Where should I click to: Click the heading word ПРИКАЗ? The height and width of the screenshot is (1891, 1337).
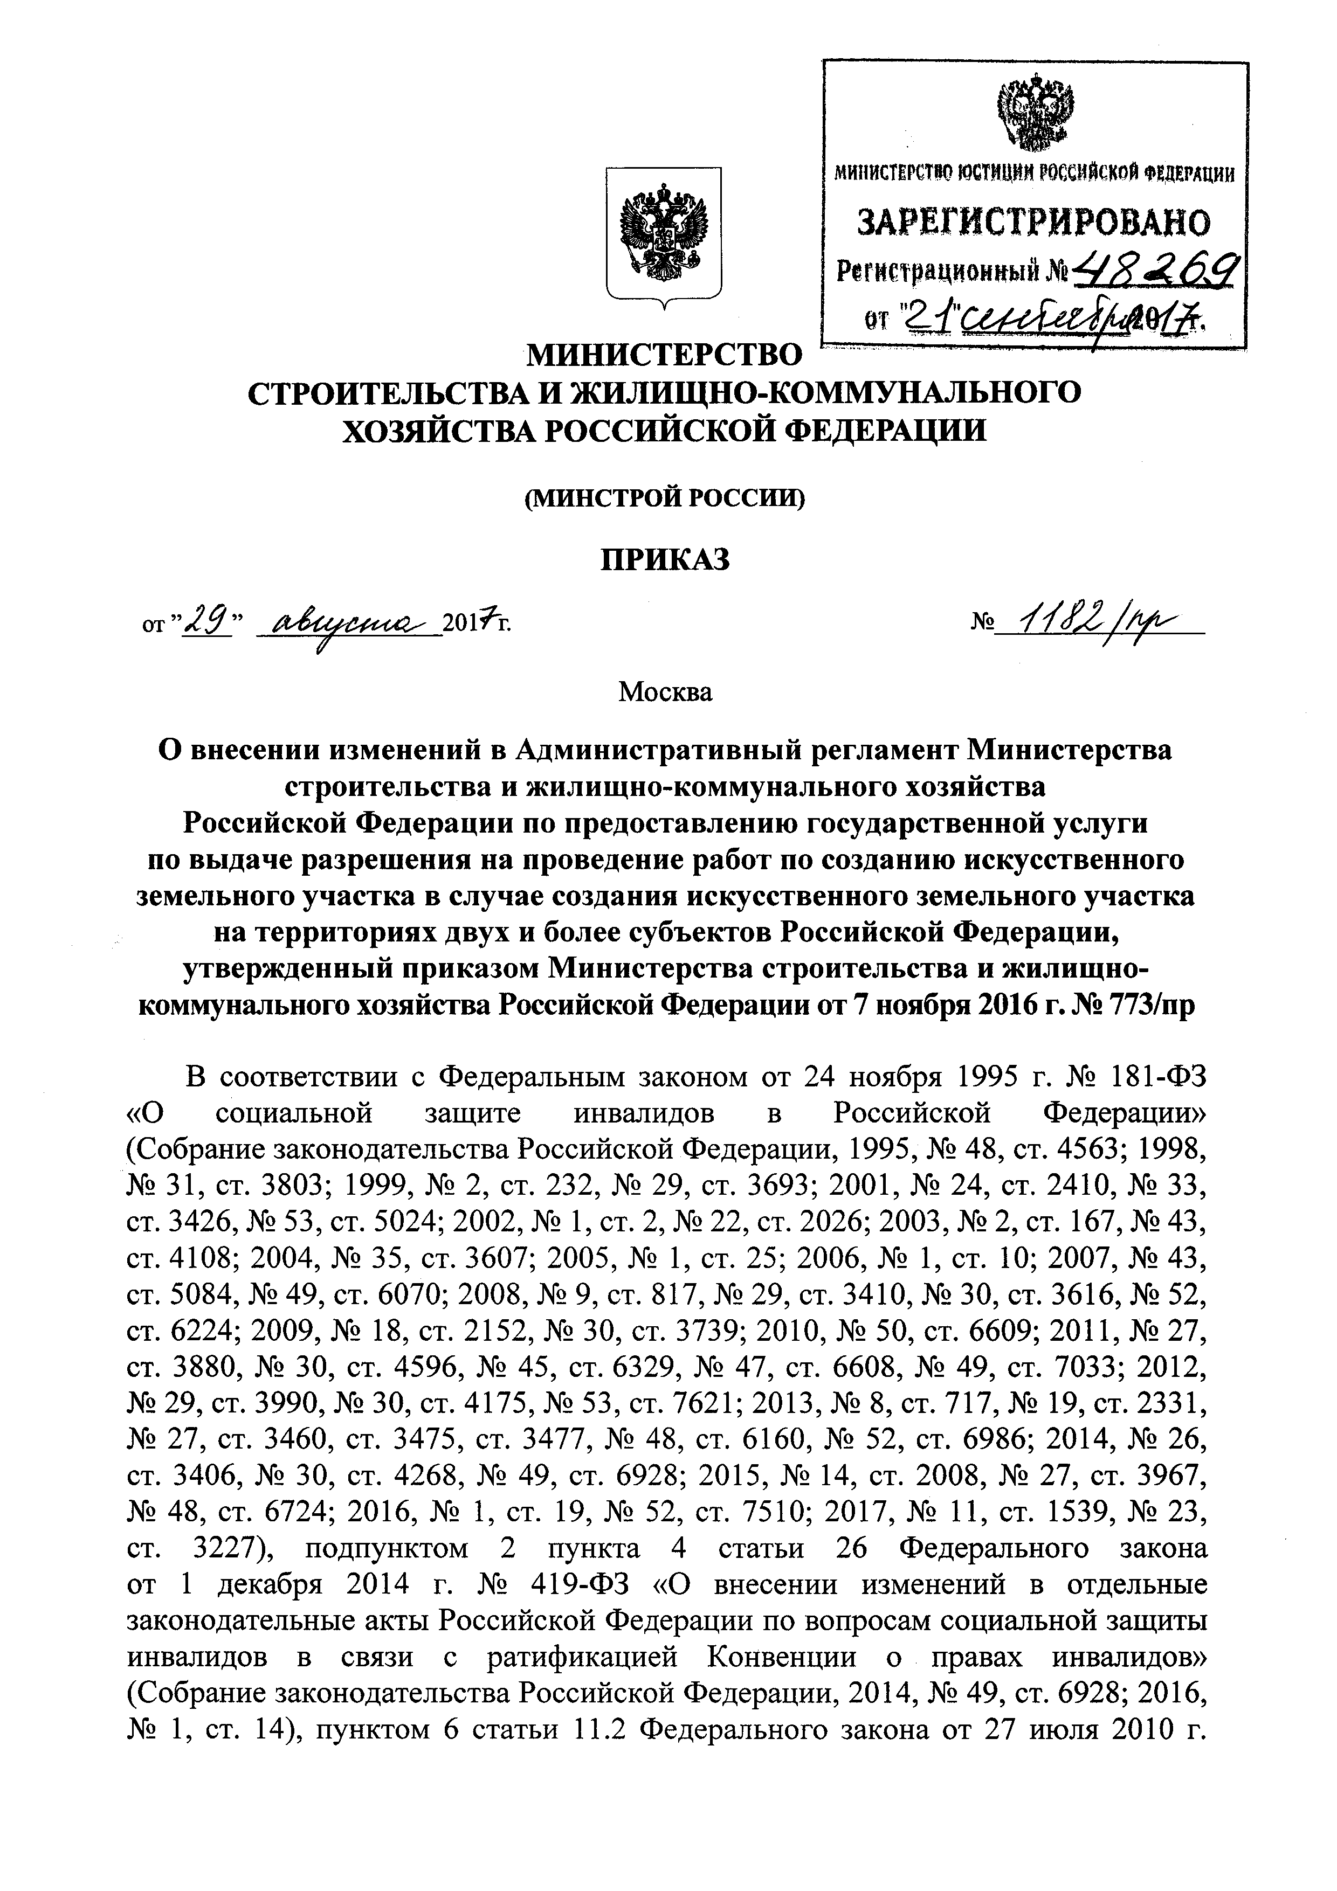(664, 559)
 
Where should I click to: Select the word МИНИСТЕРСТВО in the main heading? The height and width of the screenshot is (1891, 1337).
(664, 355)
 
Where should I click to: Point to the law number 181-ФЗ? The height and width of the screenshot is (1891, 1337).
(1159, 1077)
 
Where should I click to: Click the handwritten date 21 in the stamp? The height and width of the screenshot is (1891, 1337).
(916, 316)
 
